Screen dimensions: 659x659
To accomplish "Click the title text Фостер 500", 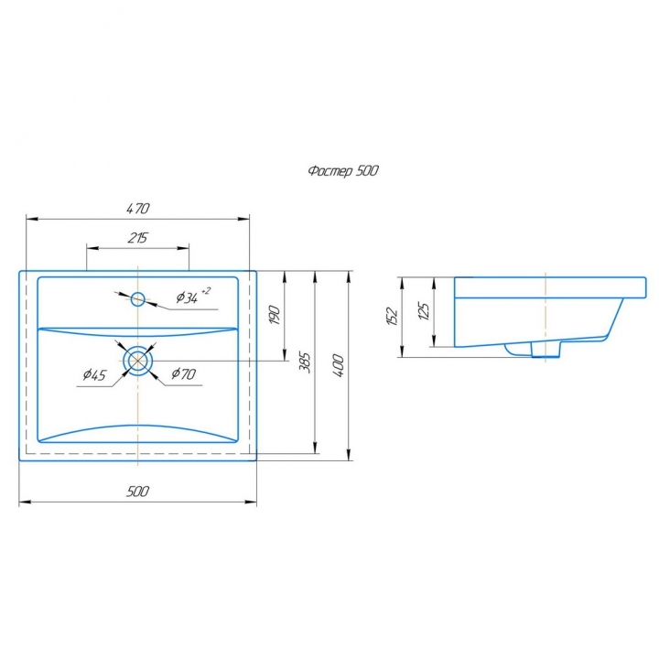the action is click(x=343, y=170).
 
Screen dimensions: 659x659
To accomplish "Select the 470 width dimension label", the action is click(x=138, y=209).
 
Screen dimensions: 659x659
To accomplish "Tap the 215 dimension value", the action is click(x=137, y=238).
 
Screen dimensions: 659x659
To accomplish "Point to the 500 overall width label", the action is click(x=137, y=491).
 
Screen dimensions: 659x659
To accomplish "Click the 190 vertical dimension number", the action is click(x=275, y=315).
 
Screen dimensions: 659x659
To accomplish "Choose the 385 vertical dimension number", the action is click(x=304, y=362).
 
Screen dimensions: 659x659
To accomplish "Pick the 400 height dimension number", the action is click(x=339, y=365).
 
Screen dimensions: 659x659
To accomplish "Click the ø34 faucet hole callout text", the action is click(x=187, y=297).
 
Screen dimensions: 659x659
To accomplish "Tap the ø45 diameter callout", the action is click(x=94, y=374).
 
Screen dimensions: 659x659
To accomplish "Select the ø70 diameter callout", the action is click(x=184, y=373).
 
